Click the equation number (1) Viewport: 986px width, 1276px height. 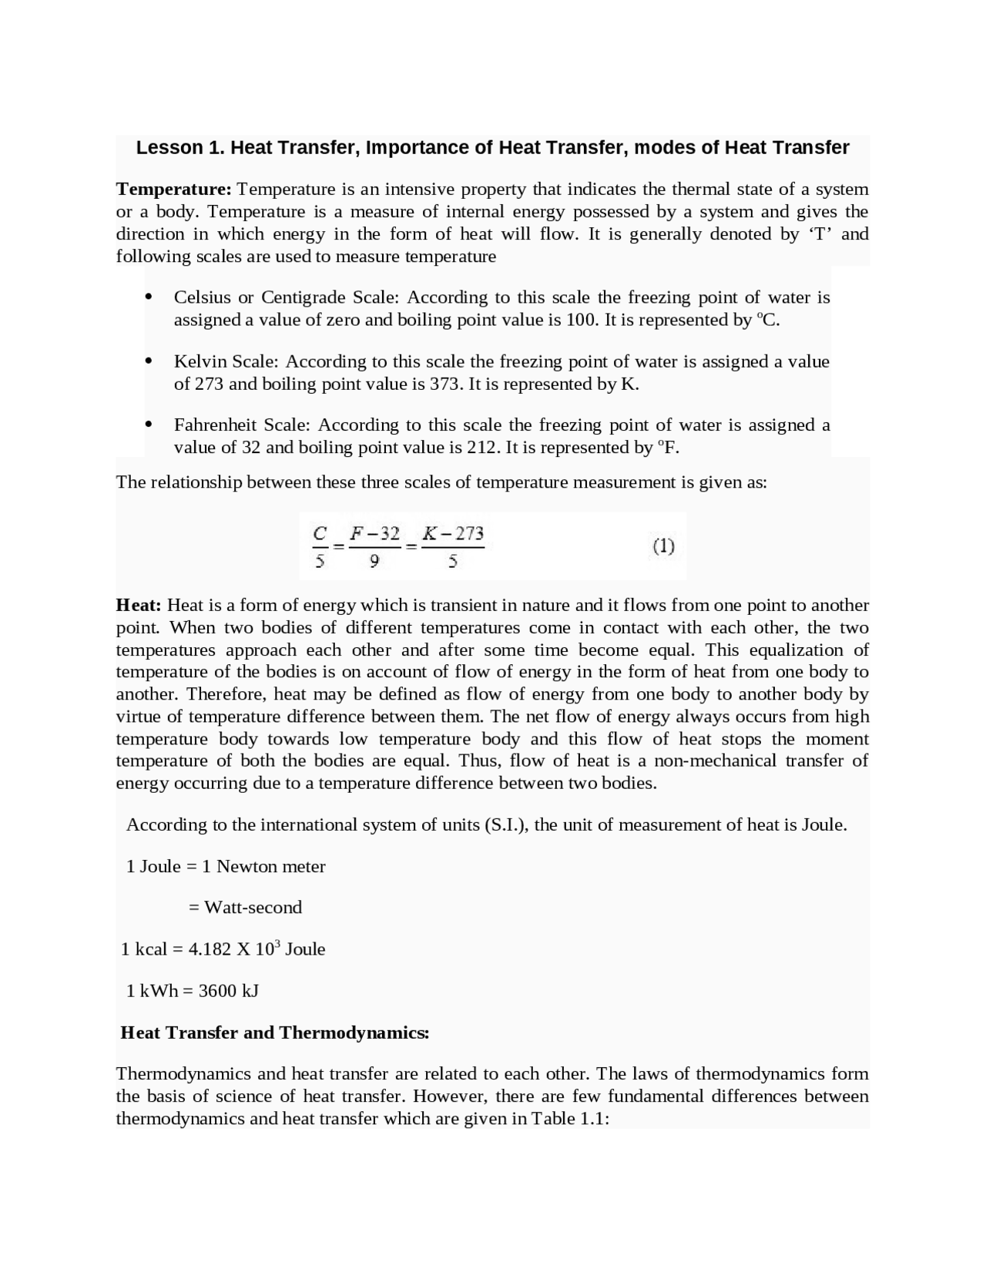pos(663,546)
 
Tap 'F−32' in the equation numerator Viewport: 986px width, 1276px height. pos(374,533)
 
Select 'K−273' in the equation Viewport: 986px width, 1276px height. pos(454,533)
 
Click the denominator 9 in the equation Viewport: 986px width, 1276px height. pos(374,562)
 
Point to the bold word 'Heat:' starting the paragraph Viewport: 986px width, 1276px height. pos(139,605)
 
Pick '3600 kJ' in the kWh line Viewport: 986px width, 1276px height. pos(229,991)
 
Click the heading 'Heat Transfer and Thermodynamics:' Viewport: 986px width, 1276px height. pos(275,1033)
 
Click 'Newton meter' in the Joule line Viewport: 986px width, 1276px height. pos(271,867)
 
